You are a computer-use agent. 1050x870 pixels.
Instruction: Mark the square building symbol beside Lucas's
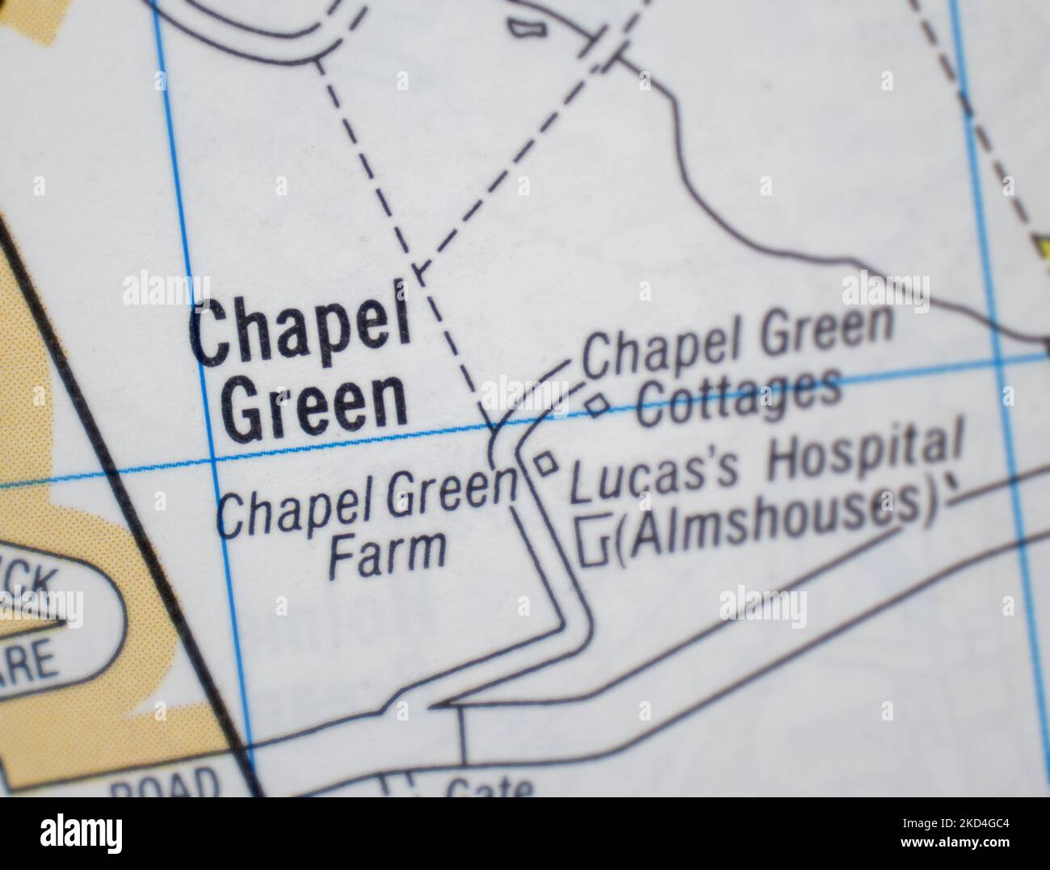(x=546, y=464)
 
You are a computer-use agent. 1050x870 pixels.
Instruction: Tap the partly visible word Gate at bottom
(x=489, y=787)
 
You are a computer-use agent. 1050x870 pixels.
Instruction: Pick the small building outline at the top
(x=527, y=27)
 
